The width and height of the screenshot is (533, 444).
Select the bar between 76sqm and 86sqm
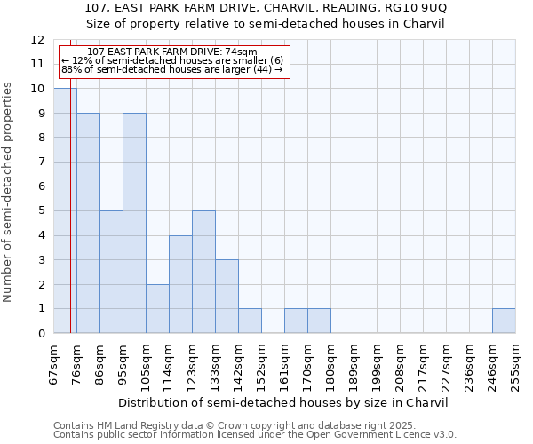click(88, 223)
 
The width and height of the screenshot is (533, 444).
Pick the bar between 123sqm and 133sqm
click(203, 272)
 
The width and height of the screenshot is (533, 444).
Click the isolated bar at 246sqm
click(504, 321)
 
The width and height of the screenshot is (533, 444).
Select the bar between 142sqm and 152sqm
click(250, 321)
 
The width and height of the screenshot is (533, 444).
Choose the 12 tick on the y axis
click(37, 40)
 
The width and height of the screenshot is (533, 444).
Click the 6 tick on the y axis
click(40, 186)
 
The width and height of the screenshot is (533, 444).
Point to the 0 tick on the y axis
click(40, 333)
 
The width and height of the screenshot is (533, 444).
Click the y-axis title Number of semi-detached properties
click(9, 192)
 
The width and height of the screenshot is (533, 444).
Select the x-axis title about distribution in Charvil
click(282, 402)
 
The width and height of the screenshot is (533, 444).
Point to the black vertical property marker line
click(70, 222)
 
